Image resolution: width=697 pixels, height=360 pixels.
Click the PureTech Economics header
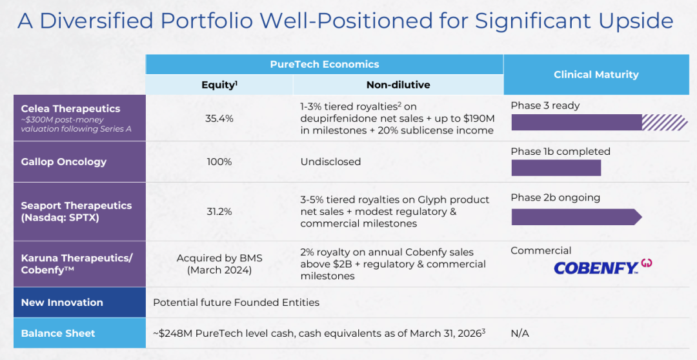(x=325, y=65)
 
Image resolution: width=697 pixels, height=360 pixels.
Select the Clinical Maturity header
(x=596, y=75)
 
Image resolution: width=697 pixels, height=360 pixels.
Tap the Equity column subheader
(x=219, y=85)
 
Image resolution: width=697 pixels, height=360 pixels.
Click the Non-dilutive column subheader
(x=398, y=85)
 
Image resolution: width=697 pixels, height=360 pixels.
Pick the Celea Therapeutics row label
(x=71, y=109)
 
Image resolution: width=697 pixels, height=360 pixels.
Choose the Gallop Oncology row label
(x=63, y=162)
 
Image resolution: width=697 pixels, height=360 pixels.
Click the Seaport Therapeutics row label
(x=76, y=212)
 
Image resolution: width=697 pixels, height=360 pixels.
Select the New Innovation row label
(x=62, y=302)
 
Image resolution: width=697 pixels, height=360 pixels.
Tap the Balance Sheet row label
(x=58, y=334)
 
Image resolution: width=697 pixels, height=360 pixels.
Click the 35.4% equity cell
(x=219, y=119)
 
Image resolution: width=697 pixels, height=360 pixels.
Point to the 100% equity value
(x=219, y=162)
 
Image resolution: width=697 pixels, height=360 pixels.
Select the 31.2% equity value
(x=219, y=212)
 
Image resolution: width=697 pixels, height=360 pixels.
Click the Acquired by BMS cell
(x=219, y=264)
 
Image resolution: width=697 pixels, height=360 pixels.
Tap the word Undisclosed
(x=330, y=162)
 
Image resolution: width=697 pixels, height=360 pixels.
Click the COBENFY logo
(x=603, y=266)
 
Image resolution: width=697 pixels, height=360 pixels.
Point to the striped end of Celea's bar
(x=665, y=122)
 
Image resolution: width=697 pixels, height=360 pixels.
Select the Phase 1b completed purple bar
(x=556, y=168)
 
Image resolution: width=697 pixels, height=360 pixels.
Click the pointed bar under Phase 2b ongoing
(x=576, y=217)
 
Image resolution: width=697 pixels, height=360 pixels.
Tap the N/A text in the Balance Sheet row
(x=520, y=334)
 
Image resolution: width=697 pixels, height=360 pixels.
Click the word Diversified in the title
(x=96, y=21)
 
